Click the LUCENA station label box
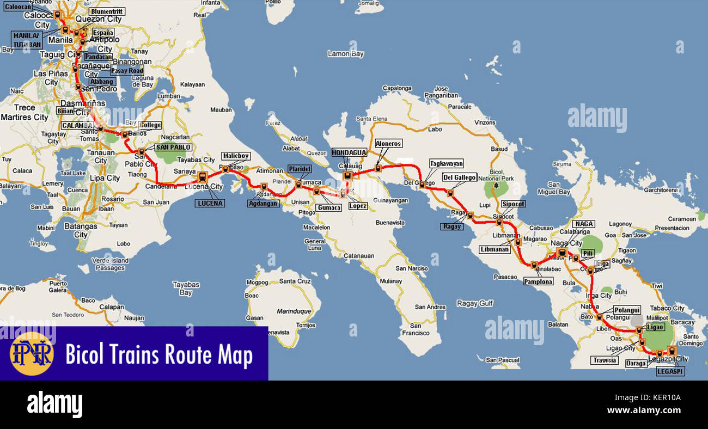coord(210,203)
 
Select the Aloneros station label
coord(388,143)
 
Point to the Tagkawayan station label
coord(446,163)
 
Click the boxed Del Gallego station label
coord(459,177)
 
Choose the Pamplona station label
coord(538,281)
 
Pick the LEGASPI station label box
coord(670,371)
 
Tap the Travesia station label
coord(605,360)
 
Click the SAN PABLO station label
coord(173,147)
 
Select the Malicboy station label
coord(235,156)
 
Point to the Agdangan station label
coord(263,204)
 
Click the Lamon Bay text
coord(345,54)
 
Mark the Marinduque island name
coord(293,311)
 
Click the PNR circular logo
coord(32,354)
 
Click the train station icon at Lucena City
coord(203,176)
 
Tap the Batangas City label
coord(81,230)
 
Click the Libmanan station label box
coord(495,249)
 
